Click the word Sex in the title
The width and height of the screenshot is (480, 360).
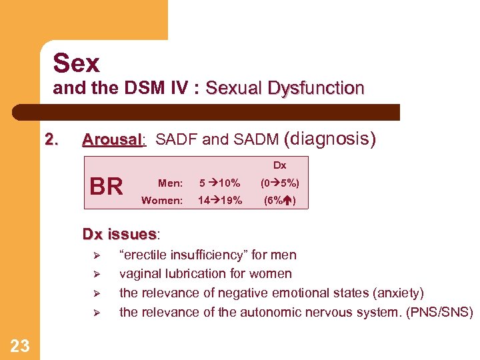point(76,63)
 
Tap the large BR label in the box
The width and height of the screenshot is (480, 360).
point(106,187)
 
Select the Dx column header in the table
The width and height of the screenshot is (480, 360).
point(279,165)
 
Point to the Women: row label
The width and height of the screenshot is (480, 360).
point(162,200)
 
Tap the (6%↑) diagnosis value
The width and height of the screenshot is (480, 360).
point(280,200)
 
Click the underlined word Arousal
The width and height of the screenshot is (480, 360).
point(112,140)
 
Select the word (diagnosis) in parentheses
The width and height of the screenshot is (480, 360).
point(330,139)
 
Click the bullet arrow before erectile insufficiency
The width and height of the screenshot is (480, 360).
point(96,255)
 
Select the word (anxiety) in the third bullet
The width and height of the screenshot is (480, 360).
point(399,293)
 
